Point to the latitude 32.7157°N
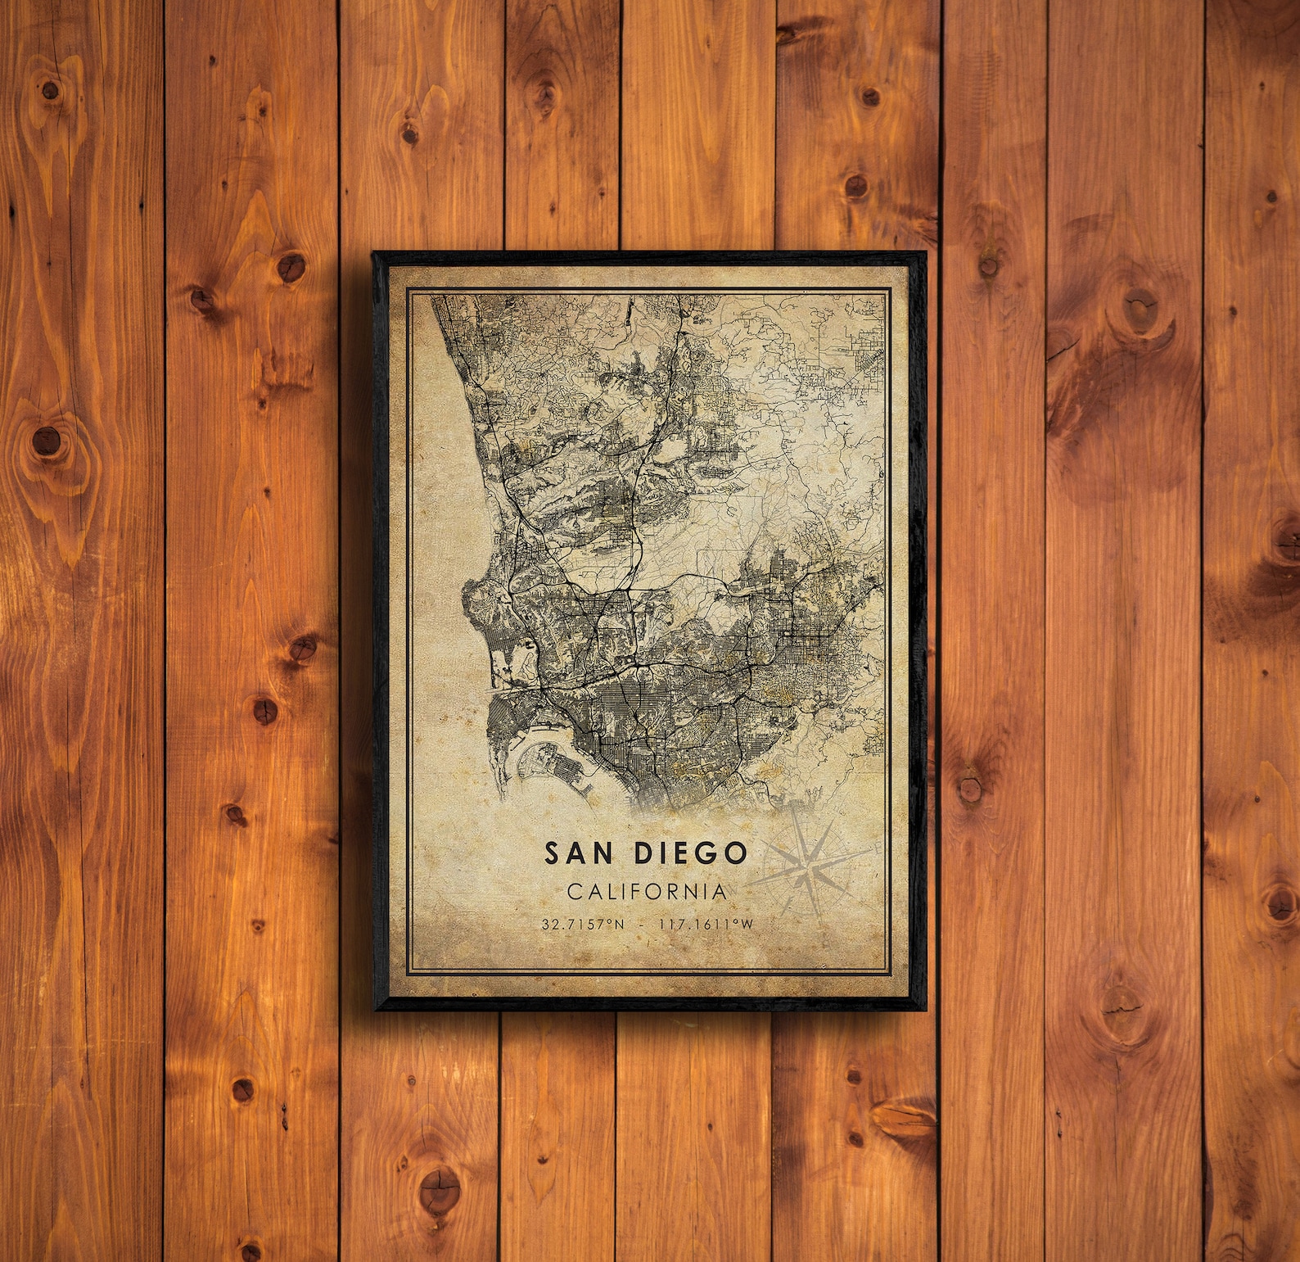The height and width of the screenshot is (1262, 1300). coord(582,925)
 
